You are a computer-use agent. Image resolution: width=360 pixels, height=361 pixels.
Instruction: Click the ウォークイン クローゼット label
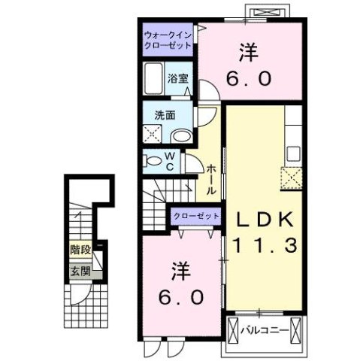pyautogui.click(x=168, y=38)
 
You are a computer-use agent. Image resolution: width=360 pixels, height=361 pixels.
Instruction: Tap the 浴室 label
pyautogui.click(x=177, y=78)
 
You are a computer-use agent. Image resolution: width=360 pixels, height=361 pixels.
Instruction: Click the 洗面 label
pyautogui.click(x=165, y=116)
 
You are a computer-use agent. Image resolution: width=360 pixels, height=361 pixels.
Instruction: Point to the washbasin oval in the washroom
pyautogui.click(x=180, y=136)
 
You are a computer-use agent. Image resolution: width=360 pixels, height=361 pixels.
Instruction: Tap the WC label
pyautogui.click(x=171, y=162)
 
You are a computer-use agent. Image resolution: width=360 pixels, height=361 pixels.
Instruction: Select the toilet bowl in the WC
pyautogui.click(x=153, y=160)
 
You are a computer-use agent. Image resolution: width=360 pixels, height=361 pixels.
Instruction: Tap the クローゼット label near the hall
pyautogui.click(x=197, y=216)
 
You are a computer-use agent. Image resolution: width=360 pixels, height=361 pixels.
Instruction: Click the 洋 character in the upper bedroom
pyautogui.click(x=250, y=53)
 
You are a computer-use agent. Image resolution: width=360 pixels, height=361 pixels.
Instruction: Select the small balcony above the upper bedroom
pyautogui.click(x=270, y=12)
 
